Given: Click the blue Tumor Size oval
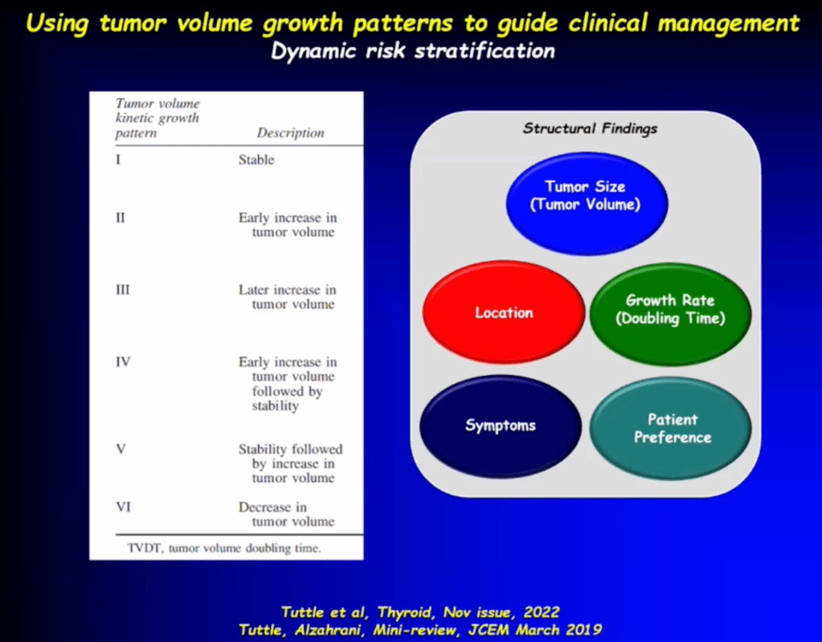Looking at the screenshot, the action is coord(587,203).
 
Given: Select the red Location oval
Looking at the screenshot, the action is coord(504,313).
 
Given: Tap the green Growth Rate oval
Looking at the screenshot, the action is coord(670,314).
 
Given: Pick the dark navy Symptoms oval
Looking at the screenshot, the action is coord(501,426).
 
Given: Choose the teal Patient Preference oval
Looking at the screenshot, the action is coord(670,428).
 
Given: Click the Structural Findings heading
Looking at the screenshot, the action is coord(590,129).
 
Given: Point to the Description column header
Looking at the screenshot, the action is coord(290,133).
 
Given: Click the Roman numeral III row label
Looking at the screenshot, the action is coord(123,290).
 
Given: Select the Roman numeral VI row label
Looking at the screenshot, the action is coord(123,507).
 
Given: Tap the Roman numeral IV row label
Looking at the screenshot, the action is coord(123,362).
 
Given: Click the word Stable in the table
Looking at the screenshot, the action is coord(256,159).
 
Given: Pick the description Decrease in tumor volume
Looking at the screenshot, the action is coord(286,514).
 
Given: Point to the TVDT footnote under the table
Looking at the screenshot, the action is coord(224,548).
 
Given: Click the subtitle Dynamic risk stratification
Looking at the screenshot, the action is coord(412,51).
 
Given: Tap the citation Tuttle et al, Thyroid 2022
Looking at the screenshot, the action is coord(420,612).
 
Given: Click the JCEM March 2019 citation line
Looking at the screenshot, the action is coord(420,629).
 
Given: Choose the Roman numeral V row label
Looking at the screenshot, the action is coord(121,449).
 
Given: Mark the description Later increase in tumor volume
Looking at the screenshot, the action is coord(288,296).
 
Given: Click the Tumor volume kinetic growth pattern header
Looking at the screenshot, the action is coord(157,118).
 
